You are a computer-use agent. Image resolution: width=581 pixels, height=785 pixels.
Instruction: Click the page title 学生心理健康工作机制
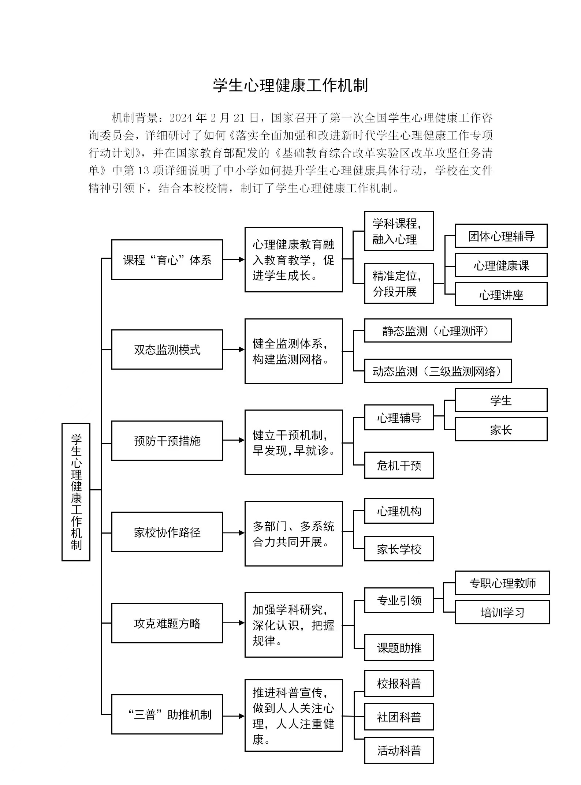[x=290, y=86]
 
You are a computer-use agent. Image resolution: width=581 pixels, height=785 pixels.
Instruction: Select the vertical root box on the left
[x=76, y=492]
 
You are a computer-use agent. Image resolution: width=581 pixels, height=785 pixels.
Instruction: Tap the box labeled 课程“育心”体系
[x=167, y=260]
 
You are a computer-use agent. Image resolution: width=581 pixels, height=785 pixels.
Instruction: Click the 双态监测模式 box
[x=167, y=349]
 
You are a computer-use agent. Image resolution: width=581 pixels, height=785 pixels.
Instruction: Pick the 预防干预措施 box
[x=167, y=441]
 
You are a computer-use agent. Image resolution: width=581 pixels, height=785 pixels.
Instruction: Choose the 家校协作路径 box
[x=167, y=532]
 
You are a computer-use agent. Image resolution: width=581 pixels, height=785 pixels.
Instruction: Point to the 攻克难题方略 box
[x=167, y=623]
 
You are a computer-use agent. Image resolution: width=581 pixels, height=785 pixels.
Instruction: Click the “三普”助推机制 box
[x=167, y=714]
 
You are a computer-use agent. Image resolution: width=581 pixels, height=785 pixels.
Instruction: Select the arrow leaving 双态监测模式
[x=234, y=349]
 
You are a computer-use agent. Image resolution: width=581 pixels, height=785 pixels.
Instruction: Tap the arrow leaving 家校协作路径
[x=234, y=533]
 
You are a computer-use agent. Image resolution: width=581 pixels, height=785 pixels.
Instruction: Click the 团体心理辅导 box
[x=501, y=236]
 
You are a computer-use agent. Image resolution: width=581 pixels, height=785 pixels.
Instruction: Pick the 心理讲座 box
[x=501, y=295]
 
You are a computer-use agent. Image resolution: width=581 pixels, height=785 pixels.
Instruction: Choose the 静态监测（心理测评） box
[x=438, y=331]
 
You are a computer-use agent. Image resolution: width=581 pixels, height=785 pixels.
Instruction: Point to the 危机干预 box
[x=399, y=465]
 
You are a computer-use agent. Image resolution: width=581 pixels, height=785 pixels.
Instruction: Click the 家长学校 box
[x=399, y=549]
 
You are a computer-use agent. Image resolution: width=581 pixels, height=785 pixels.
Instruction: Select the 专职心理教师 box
[x=502, y=583]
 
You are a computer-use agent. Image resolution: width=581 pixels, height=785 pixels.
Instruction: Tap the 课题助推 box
[x=399, y=648]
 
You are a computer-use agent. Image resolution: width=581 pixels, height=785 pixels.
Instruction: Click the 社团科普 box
[x=399, y=717]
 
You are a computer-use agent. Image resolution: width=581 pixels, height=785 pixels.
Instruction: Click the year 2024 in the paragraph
[x=181, y=118]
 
